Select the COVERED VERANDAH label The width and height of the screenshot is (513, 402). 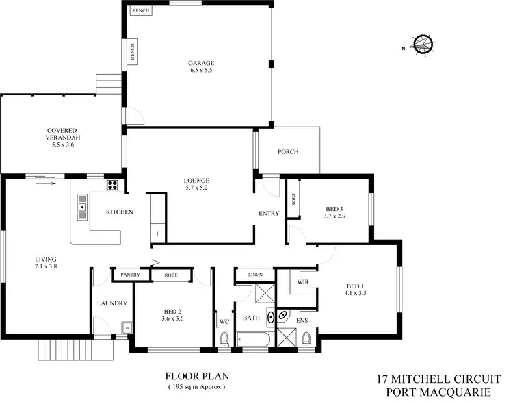(x=62, y=137)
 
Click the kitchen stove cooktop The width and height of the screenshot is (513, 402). (x=113, y=185)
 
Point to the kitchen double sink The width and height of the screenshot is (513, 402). (x=83, y=205)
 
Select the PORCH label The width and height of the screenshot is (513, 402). (x=287, y=152)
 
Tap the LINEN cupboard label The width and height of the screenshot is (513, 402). (x=254, y=275)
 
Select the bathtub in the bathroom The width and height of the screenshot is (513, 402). (x=254, y=338)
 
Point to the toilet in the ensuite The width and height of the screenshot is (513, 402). (x=306, y=338)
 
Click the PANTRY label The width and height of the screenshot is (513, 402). (x=130, y=275)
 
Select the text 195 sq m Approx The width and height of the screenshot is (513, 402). (x=197, y=388)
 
